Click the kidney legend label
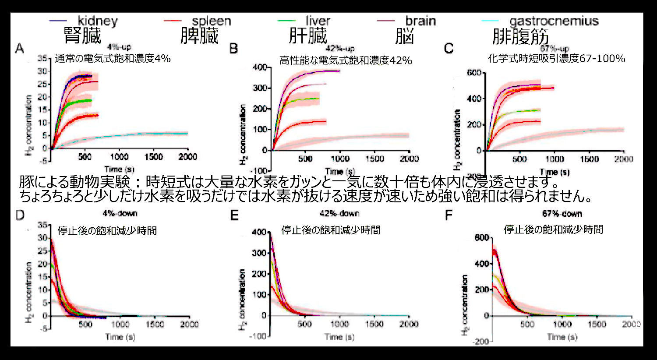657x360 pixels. [x=97, y=21]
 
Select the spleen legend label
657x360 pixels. [x=211, y=21]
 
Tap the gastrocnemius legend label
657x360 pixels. [x=554, y=21]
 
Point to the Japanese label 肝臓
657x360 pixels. [x=308, y=36]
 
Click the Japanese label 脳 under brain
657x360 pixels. [x=404, y=36]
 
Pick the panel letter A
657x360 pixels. [x=19, y=48]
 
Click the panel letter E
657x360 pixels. [x=234, y=215]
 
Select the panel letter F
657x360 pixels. [x=449, y=215]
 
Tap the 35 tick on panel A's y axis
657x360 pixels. [x=42, y=58]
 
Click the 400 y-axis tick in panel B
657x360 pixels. [x=260, y=67]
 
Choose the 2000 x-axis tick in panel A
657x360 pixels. [x=187, y=157]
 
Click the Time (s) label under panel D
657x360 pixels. [x=120, y=337]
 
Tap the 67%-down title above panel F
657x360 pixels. [x=562, y=213]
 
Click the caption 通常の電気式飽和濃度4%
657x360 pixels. [x=113, y=58]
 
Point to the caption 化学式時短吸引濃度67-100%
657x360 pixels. [x=556, y=58]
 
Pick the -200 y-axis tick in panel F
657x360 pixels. [x=481, y=341]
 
